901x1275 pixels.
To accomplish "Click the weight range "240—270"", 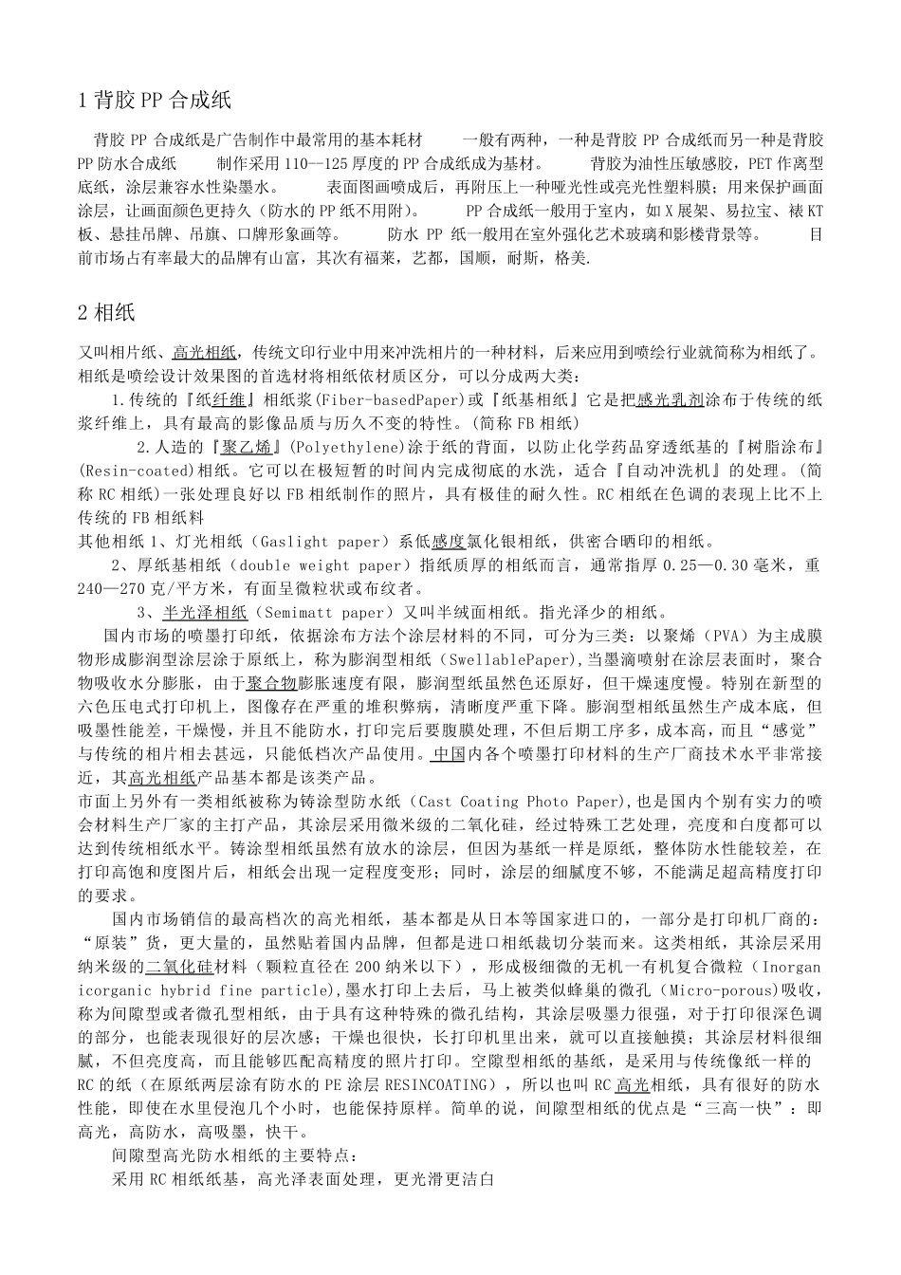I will [x=112, y=589].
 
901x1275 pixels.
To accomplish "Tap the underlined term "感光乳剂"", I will [x=670, y=400].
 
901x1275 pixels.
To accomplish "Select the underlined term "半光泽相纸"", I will [x=205, y=613].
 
